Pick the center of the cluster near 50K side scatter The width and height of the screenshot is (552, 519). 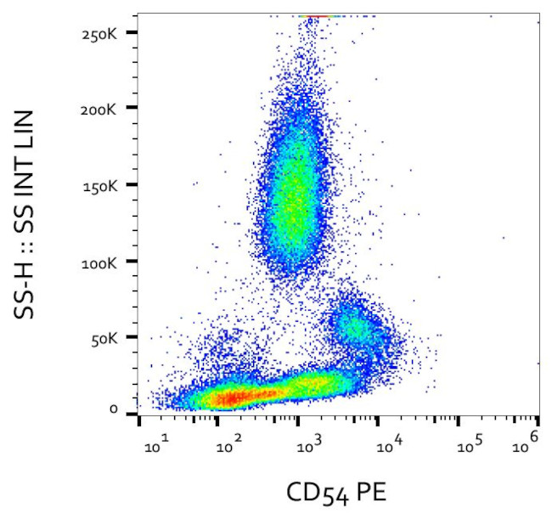[352, 327]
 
